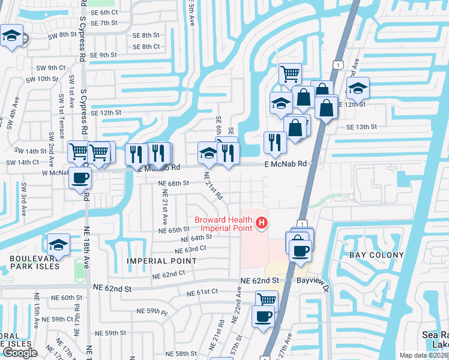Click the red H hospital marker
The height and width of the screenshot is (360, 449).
[x=261, y=223]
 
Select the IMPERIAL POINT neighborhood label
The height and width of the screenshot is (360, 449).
[x=161, y=261]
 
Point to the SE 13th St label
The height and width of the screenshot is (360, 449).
[x=361, y=127]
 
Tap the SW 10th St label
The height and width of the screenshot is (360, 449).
[x=52, y=79]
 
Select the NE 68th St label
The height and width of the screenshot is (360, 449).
[x=173, y=183]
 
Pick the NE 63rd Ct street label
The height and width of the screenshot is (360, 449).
[x=191, y=248]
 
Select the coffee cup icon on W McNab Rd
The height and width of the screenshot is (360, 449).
[x=80, y=178]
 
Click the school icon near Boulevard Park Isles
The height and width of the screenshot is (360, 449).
[x=59, y=244]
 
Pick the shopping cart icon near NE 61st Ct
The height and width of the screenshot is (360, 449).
[x=267, y=299]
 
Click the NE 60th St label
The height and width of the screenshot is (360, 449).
[x=67, y=298]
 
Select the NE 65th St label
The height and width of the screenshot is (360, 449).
[x=174, y=230]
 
